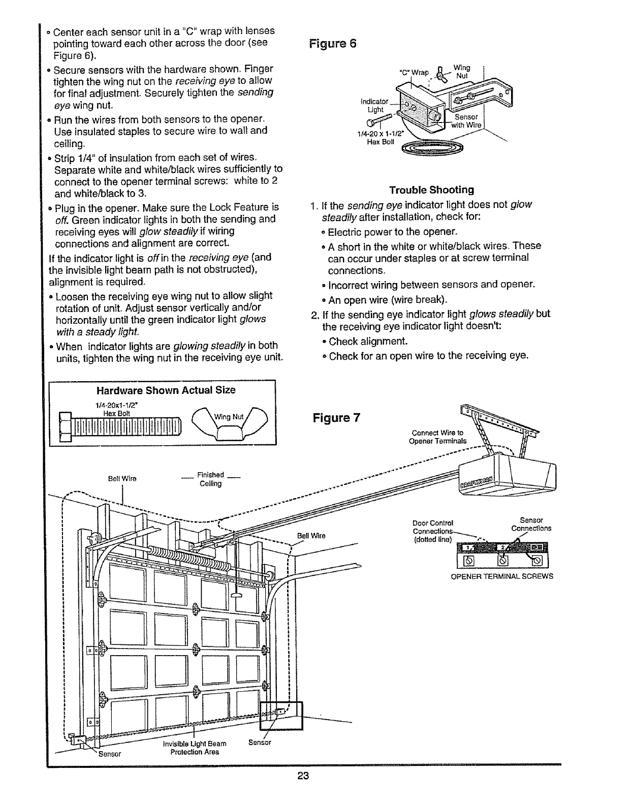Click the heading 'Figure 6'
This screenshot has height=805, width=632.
333,43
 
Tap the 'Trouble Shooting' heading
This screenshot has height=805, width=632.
431,190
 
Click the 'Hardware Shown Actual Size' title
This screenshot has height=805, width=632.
166,390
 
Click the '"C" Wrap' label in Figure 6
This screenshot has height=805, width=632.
415,72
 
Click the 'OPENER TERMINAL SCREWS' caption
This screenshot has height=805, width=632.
502,576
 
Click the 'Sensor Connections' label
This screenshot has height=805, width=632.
531,524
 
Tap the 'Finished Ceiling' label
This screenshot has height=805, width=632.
211,479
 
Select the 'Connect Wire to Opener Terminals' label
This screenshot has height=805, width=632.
437,437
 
